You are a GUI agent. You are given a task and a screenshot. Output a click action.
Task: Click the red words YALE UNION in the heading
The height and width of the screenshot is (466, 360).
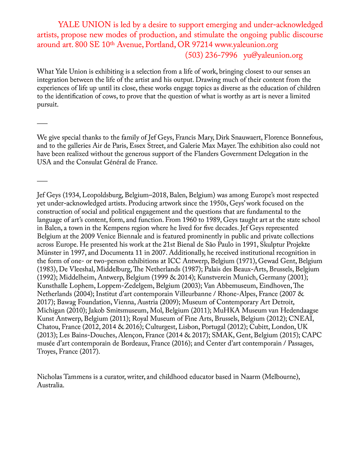(84, 25)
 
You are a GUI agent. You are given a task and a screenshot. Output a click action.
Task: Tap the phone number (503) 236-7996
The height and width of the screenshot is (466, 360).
(211, 55)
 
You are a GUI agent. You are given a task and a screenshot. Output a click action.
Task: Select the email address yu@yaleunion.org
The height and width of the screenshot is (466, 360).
(273, 55)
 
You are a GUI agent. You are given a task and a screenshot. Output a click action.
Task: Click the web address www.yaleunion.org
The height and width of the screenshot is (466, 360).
(246, 45)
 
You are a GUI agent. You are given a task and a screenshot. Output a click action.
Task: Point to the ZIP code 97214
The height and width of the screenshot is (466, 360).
(202, 45)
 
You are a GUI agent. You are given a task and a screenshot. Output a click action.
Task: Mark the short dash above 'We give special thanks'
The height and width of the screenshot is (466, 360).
(42, 124)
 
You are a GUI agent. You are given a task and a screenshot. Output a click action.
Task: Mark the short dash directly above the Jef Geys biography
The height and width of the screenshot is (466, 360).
(42, 180)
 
